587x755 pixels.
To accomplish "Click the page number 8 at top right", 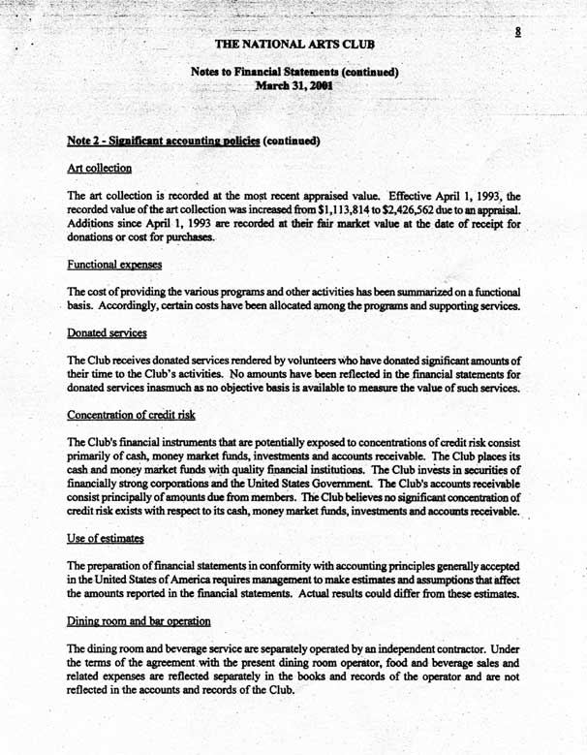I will tap(519, 31).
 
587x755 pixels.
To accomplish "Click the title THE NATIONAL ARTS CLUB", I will tap(293, 45).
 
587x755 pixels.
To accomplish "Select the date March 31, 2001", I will tap(293, 85).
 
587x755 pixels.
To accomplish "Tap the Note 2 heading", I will tap(194, 141).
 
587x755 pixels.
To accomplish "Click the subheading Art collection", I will tap(99, 168).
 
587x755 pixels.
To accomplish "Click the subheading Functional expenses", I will tap(114, 264).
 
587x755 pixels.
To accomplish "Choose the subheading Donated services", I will tap(106, 332).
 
